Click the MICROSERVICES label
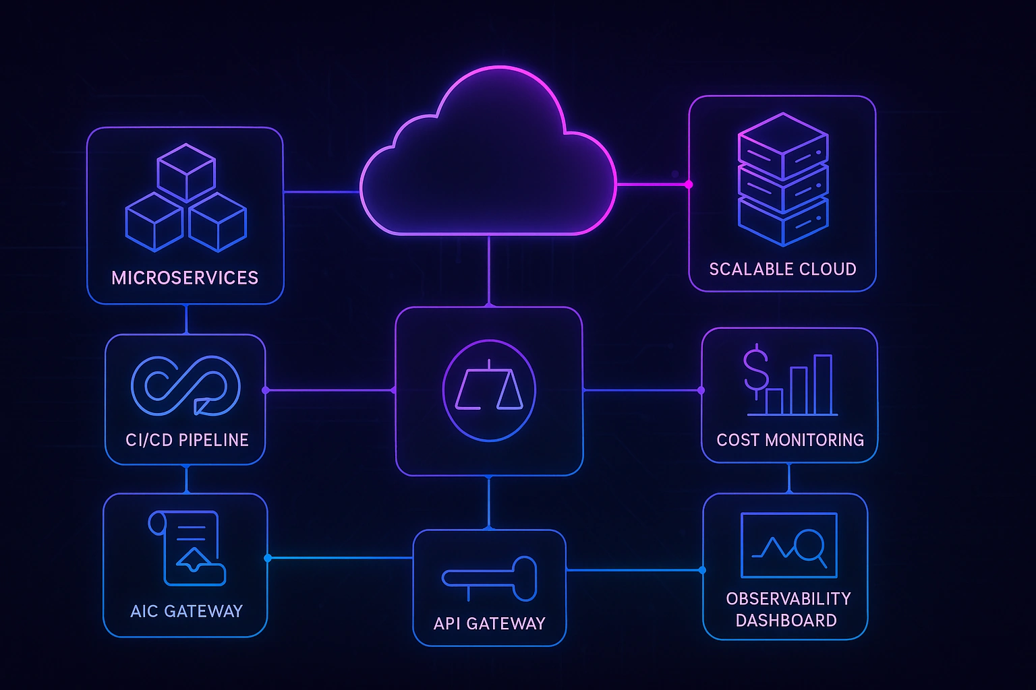[x=185, y=278]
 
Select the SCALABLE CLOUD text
[x=782, y=269]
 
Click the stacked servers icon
[x=783, y=179]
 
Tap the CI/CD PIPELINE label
[x=187, y=440]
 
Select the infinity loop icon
[x=185, y=385]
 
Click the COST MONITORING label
[x=790, y=440]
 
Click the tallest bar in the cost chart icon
[x=823, y=384]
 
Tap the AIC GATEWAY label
[x=186, y=611]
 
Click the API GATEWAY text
[x=489, y=623]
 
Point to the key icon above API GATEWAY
[x=490, y=578]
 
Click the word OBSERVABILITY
[x=788, y=598]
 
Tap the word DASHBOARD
[x=786, y=620]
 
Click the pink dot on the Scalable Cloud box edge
[x=689, y=184]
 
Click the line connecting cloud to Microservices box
[x=321, y=192]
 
